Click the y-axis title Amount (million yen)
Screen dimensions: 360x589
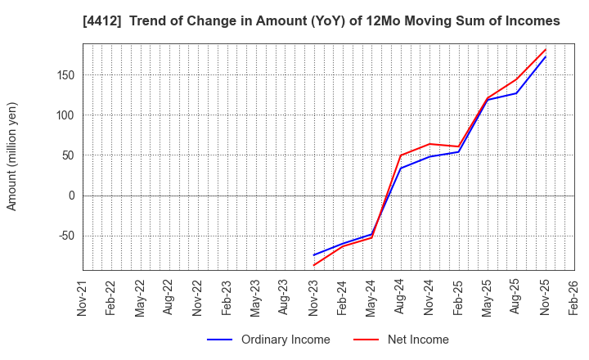point(12,156)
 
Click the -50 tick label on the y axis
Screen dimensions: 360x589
point(64,236)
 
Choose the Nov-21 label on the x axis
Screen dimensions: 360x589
point(83,296)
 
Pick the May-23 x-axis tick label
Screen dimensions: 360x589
point(256,296)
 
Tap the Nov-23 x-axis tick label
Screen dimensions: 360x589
point(314,296)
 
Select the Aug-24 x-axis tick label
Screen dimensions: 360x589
point(401,296)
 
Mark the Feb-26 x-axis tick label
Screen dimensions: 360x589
point(574,296)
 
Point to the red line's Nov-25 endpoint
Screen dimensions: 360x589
point(546,49)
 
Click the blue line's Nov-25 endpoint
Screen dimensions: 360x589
point(546,56)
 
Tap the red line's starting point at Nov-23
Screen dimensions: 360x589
point(314,265)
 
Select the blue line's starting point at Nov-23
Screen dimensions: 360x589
point(314,255)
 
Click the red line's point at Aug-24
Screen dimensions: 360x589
point(401,155)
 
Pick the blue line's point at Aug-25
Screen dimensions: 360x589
point(516,93)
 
